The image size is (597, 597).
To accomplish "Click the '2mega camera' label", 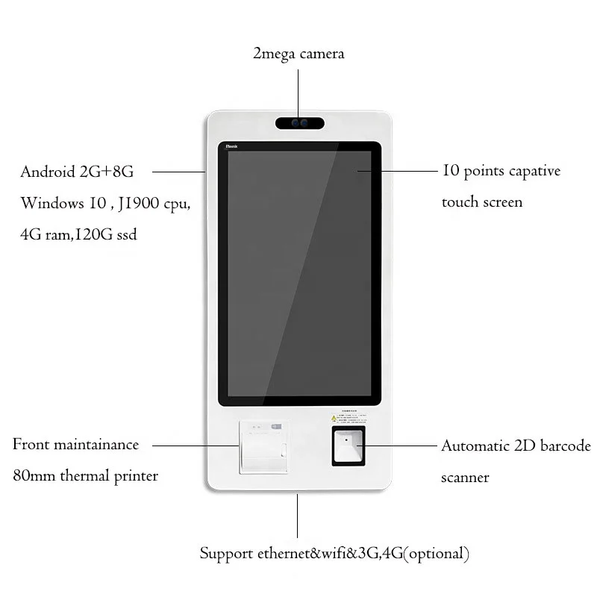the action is (298, 54).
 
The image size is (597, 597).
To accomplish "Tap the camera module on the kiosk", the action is (298, 122).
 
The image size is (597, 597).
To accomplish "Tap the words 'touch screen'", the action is (482, 202).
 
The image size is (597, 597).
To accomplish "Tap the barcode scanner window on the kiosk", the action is (348, 446).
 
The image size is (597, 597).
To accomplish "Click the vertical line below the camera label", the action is (298, 90).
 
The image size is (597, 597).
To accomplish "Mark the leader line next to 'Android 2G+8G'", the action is (179, 172).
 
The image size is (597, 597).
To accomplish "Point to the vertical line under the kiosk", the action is (298, 515).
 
